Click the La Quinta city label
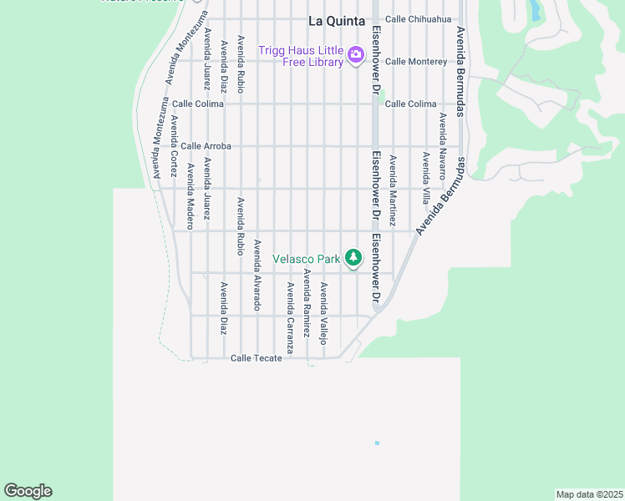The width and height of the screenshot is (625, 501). [337, 21]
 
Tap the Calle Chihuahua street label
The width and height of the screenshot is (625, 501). [418, 19]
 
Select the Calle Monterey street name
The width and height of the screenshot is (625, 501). [416, 62]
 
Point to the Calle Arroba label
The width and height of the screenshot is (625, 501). [206, 146]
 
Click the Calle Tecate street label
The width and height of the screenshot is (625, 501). [256, 358]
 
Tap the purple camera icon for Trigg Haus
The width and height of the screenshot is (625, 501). [357, 56]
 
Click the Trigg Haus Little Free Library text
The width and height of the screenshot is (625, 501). [301, 56]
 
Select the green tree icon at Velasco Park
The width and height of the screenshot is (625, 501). [353, 258]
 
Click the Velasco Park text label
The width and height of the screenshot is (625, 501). [307, 259]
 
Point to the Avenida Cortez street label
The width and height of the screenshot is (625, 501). [174, 146]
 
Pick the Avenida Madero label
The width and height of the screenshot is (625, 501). [191, 196]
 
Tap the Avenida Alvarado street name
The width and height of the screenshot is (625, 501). [257, 275]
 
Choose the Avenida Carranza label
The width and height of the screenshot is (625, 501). [291, 317]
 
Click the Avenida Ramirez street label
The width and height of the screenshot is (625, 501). [307, 302]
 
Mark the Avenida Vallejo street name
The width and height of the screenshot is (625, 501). [324, 313]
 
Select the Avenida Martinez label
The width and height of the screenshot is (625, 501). [392, 190]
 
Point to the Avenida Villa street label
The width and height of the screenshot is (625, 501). [425, 178]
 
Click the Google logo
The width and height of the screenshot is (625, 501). [28, 491]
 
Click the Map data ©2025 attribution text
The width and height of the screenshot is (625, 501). [589, 494]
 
